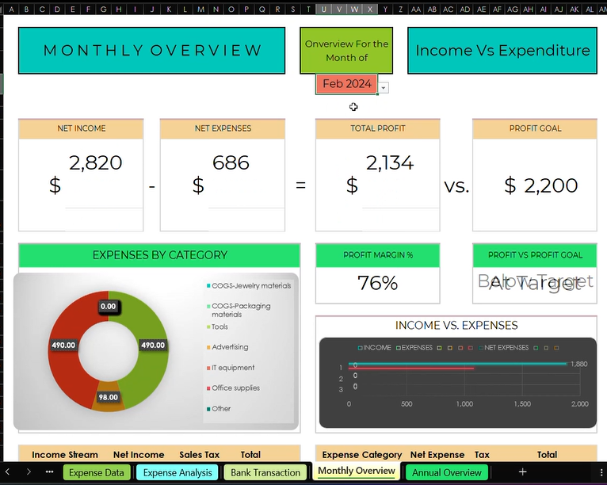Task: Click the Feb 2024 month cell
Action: (x=346, y=83)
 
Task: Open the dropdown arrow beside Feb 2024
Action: (x=384, y=88)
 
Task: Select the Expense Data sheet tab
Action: (x=96, y=472)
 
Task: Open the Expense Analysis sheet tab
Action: (x=178, y=472)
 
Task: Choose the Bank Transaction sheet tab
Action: (x=265, y=472)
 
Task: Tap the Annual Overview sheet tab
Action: (x=446, y=472)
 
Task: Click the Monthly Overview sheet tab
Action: (x=357, y=471)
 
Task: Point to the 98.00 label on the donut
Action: (x=108, y=397)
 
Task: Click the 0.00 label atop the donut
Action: (x=108, y=306)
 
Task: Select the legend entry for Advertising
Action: (x=230, y=347)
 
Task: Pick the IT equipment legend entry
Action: (x=233, y=368)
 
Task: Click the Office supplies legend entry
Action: (x=235, y=388)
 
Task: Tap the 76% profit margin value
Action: (x=378, y=283)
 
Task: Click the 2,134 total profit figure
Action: (x=390, y=163)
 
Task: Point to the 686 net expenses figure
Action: (x=231, y=163)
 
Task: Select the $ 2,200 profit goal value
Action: (x=541, y=185)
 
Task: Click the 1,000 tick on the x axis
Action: (x=464, y=404)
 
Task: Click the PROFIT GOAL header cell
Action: (x=535, y=128)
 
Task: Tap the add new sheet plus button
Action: (x=522, y=472)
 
